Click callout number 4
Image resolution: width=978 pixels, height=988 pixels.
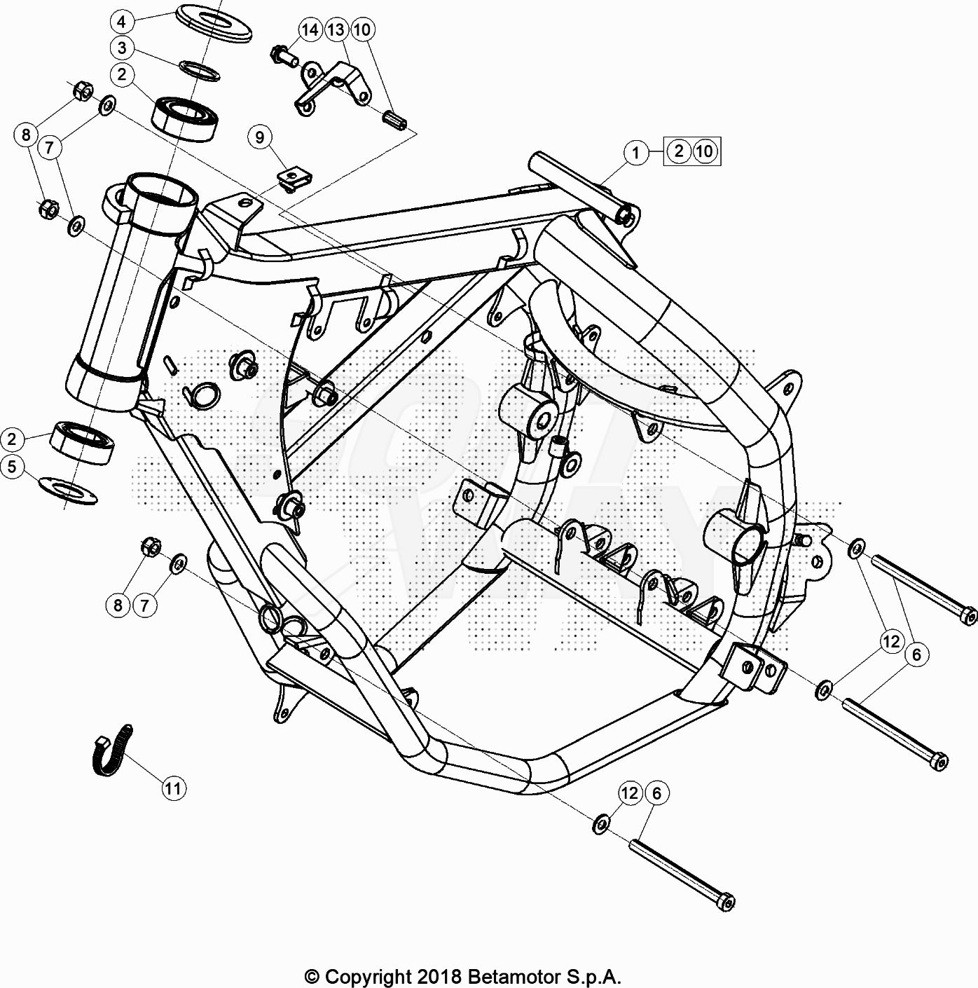[121, 22]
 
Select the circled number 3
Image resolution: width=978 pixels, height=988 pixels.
[121, 48]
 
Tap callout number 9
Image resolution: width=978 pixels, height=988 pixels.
[260, 137]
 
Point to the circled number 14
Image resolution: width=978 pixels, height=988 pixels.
[310, 29]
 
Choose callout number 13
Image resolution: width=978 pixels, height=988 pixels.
[336, 29]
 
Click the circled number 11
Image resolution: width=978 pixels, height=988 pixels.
[173, 788]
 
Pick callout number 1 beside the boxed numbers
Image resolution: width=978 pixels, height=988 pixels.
[636, 152]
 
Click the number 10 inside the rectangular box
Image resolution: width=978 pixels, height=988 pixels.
[705, 151]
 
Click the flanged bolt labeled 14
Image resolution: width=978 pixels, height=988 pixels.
[284, 56]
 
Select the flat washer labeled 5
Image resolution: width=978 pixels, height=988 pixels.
[68, 491]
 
